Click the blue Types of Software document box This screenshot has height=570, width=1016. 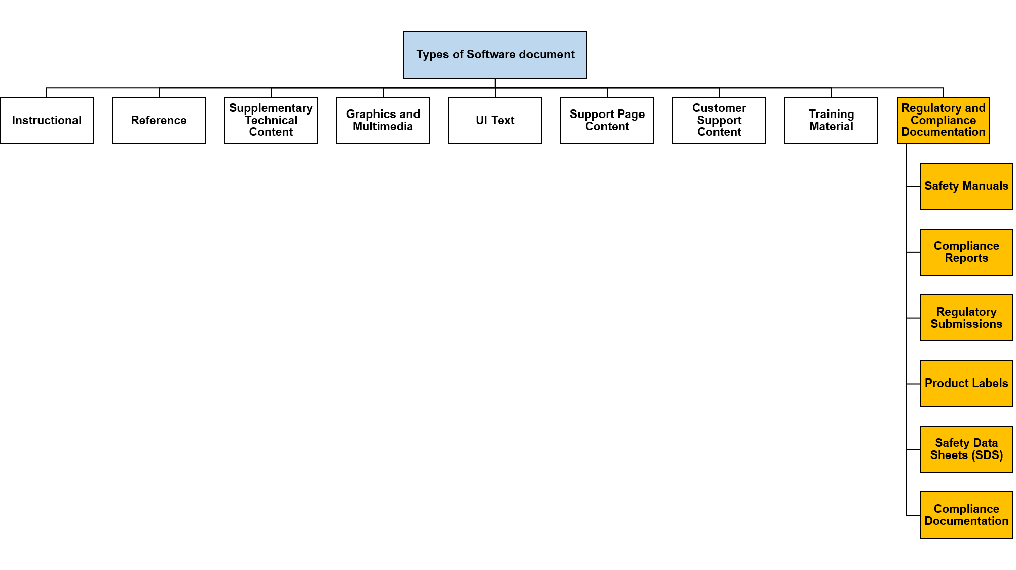[x=495, y=55]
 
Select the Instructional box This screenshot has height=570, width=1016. [x=47, y=121]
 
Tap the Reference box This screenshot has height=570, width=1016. [x=159, y=121]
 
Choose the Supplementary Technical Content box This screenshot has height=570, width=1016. [x=271, y=121]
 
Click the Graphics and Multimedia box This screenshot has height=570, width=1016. [x=383, y=121]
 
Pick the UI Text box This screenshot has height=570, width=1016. [x=495, y=121]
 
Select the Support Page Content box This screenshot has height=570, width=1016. [x=607, y=121]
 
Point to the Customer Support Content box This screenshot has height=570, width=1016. [x=719, y=121]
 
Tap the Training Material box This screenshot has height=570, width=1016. [x=831, y=121]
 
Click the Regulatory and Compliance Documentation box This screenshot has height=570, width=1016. [x=944, y=121]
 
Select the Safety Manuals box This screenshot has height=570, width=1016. [x=966, y=186]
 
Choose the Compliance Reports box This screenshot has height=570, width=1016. [x=966, y=252]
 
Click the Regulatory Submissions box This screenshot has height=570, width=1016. [x=966, y=318]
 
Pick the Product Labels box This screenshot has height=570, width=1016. [x=966, y=384]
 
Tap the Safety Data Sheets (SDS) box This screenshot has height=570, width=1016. [x=966, y=449]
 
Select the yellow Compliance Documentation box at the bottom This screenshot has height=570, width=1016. [x=966, y=515]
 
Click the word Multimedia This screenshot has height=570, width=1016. [x=383, y=127]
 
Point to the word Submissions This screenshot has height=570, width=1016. [x=966, y=324]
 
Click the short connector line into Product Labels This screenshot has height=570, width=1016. [x=913, y=384]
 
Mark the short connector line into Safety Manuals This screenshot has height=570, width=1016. [x=913, y=186]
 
